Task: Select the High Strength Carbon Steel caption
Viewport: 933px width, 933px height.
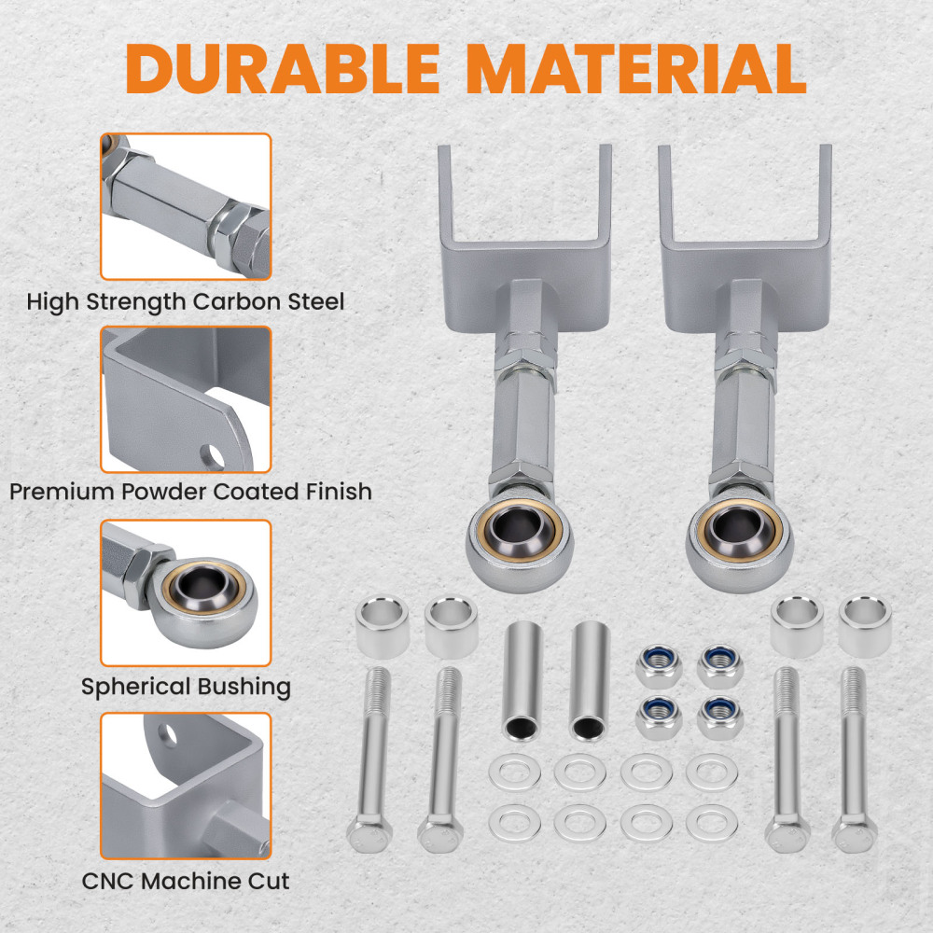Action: [x=186, y=301]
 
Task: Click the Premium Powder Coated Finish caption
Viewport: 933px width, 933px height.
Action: [x=191, y=491]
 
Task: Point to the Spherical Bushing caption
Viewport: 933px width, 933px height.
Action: [x=186, y=688]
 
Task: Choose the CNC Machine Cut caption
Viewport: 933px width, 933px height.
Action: [x=186, y=880]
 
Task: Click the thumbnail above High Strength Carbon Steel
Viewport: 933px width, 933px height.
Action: [x=186, y=206]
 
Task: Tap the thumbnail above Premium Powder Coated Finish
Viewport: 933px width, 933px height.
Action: [x=186, y=399]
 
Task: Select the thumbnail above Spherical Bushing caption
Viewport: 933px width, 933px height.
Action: [x=186, y=593]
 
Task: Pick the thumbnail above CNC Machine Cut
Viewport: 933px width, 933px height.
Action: [x=186, y=786]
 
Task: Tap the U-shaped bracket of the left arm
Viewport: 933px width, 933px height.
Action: [x=524, y=252]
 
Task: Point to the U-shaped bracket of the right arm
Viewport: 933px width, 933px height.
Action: [x=745, y=252]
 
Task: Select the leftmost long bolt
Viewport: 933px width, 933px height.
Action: [x=371, y=756]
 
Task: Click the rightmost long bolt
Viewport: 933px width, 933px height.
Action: [x=853, y=756]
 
